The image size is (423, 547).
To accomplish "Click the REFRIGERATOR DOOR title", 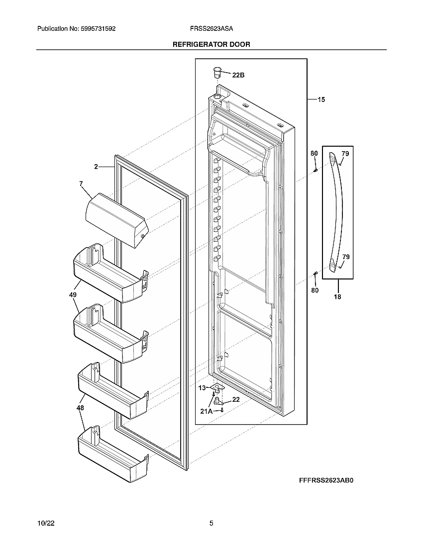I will [x=211, y=44].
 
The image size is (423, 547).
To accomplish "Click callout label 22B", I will [x=238, y=75].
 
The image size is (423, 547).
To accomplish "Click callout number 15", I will [x=321, y=100].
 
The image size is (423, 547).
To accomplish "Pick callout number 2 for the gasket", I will [x=96, y=167].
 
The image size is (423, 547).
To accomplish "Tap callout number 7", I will [x=81, y=183].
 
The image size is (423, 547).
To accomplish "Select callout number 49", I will [x=73, y=295].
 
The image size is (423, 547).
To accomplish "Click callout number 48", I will [x=80, y=408].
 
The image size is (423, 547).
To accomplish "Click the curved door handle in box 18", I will [x=336, y=211].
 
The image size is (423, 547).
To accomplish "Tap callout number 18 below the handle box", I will [x=337, y=297].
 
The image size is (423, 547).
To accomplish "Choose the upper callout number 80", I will [x=314, y=154].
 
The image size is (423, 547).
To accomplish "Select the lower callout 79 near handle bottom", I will [x=345, y=257].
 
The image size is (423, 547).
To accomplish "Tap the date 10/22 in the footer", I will [x=45, y=524].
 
